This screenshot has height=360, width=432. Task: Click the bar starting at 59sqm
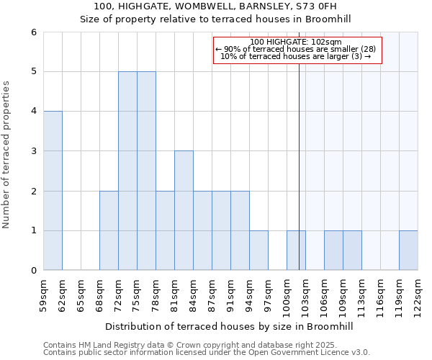53,191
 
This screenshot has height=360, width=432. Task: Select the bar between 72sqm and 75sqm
127,171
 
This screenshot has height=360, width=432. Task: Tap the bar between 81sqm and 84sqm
184,210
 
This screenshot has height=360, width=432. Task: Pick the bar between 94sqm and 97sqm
258,251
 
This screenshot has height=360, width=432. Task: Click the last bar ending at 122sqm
408,251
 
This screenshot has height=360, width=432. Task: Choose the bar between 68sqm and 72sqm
109,230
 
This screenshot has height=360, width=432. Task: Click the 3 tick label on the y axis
33,151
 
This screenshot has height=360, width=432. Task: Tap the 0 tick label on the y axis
33,271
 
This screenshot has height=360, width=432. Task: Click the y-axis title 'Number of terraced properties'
6,155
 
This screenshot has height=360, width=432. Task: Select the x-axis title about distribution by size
230,326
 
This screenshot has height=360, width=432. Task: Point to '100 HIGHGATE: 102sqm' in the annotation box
296,42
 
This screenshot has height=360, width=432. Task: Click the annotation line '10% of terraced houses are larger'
296,56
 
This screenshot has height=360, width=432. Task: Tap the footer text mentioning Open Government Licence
207,353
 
